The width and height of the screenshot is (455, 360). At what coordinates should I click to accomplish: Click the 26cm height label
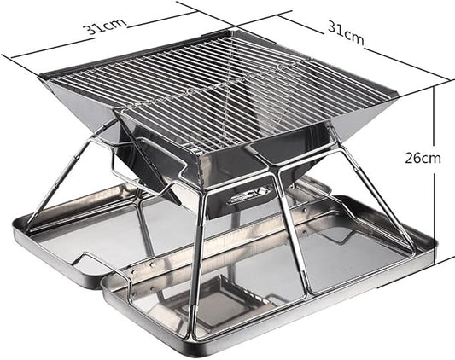pyautogui.click(x=423, y=159)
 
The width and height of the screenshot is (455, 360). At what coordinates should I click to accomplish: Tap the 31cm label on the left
pyautogui.click(x=105, y=26)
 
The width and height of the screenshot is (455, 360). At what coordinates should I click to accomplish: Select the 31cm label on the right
pyautogui.click(x=346, y=33)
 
